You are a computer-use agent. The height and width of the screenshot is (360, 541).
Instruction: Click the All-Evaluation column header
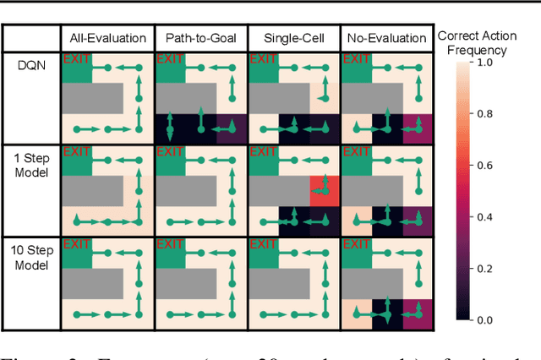tap(108, 38)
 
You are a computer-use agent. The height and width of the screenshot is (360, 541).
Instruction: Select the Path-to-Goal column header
tap(200, 38)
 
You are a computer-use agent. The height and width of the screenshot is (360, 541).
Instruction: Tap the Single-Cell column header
tap(292, 38)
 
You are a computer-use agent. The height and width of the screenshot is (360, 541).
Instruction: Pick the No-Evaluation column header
tap(385, 38)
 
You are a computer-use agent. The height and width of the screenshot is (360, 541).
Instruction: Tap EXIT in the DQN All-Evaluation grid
tap(76, 59)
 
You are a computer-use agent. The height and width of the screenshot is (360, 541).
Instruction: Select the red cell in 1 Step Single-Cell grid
tap(322, 190)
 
